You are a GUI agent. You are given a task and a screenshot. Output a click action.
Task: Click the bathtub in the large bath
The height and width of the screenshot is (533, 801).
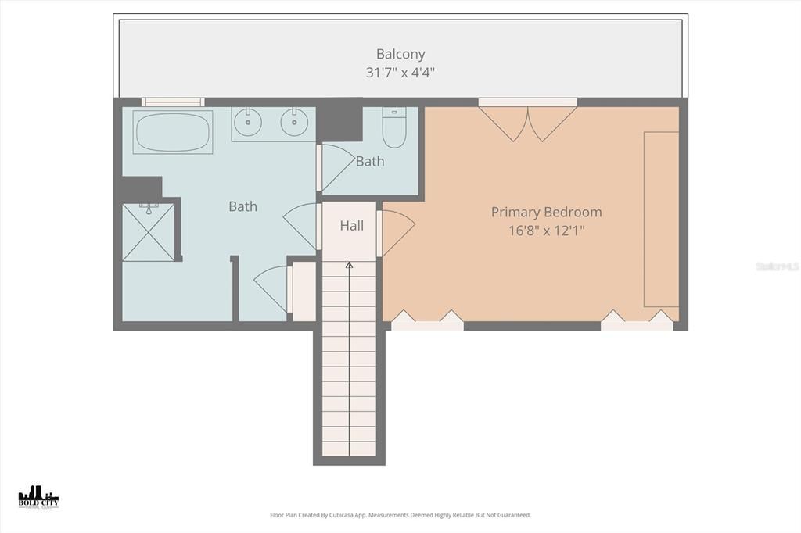point(173,132)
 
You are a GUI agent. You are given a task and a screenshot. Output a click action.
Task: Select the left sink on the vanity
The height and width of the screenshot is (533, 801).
point(249,121)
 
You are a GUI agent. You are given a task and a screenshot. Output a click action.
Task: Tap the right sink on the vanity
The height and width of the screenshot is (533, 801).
point(295,121)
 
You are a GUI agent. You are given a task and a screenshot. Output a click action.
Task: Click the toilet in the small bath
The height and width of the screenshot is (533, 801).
point(393,127)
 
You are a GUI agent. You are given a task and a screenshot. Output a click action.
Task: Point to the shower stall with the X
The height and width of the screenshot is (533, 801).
point(148,231)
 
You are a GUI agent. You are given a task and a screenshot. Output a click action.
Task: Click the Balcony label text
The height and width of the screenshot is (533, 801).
point(400,54)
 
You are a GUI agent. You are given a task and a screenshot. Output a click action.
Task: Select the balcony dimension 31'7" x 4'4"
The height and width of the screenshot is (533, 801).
point(400,73)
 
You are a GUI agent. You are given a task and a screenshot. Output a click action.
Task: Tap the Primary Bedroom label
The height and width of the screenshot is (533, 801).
point(546,212)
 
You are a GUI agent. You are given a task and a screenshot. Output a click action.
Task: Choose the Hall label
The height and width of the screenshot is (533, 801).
point(351,226)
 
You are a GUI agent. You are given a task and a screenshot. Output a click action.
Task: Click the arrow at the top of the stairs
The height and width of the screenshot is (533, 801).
point(349,266)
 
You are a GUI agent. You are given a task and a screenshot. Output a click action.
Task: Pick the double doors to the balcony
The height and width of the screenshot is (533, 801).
point(528,123)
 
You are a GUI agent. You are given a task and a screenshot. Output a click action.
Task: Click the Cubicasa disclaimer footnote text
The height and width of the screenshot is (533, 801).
point(400,515)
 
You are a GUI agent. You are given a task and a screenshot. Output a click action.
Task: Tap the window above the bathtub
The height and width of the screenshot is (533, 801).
point(173,102)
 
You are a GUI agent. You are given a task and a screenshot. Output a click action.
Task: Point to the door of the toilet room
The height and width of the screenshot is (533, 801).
point(336,166)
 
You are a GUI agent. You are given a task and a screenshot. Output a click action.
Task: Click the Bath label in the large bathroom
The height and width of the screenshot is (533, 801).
point(242,206)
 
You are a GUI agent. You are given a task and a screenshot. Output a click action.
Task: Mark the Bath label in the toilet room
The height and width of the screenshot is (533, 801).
point(370,162)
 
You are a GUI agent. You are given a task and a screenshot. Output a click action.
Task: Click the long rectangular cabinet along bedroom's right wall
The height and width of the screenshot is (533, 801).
point(661,219)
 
